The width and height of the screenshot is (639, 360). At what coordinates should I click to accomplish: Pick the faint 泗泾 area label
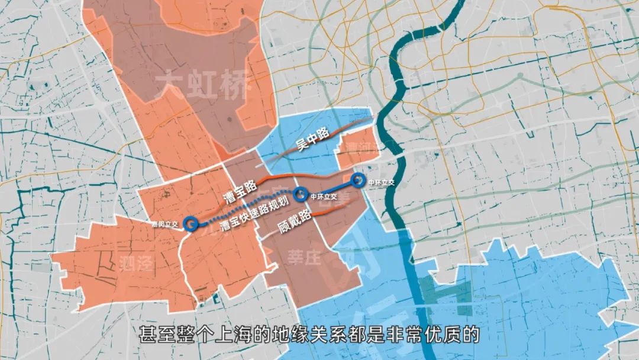point(136,263)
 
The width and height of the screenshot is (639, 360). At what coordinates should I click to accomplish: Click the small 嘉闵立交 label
point(165,224)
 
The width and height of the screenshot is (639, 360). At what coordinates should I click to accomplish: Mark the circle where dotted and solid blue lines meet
point(300,193)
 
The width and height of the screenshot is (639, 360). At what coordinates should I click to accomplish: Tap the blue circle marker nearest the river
point(357,179)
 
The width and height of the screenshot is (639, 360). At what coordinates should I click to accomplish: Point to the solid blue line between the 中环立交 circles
point(329,187)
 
